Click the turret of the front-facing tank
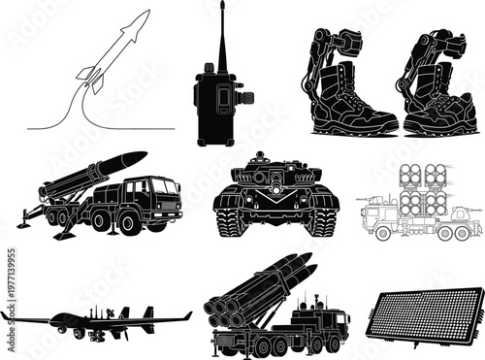[x=274, y=175]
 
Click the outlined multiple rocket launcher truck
[x=417, y=209]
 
